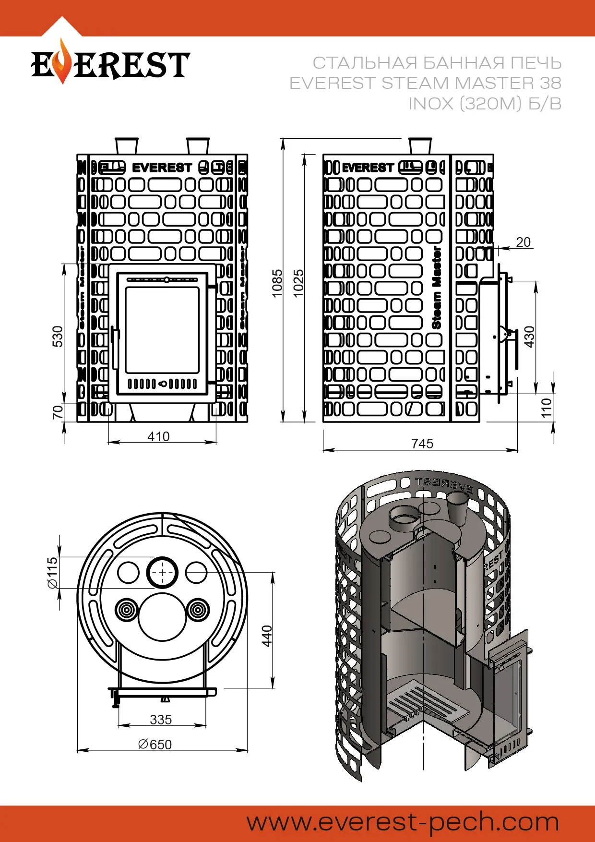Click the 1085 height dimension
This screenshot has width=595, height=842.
click(277, 283)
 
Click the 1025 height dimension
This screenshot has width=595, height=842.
click(298, 283)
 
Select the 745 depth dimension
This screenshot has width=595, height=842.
click(422, 444)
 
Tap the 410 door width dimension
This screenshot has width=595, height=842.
click(158, 436)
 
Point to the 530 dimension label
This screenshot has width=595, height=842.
click(58, 336)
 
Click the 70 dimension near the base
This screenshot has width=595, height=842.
click(58, 412)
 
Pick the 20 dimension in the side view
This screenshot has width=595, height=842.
click(523, 242)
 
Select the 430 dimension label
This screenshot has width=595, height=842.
click(529, 337)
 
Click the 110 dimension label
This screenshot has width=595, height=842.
click(547, 408)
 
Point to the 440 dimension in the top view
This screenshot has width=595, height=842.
click(267, 636)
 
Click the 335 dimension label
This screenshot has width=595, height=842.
click(161, 720)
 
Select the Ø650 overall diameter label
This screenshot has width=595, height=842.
click(155, 745)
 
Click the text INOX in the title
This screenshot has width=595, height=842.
click(431, 104)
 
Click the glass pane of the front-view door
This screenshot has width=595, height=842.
click(162, 330)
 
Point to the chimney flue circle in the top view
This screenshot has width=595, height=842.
click(163, 572)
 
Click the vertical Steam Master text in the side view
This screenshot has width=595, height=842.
click(436, 288)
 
